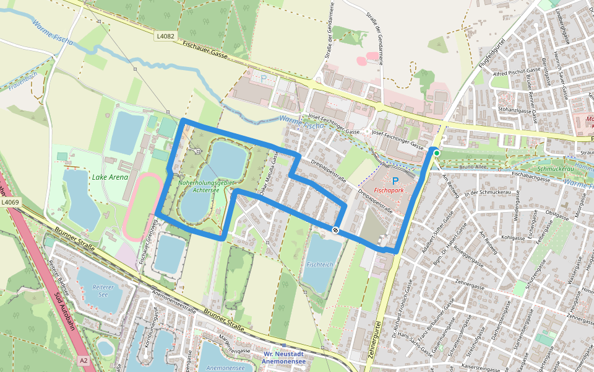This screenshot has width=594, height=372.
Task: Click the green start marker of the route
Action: pyautogui.click(x=436, y=153)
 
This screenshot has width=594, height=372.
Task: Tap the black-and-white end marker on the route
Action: pyautogui.click(x=335, y=230)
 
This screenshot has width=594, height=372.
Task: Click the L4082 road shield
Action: pyautogui.click(x=165, y=37)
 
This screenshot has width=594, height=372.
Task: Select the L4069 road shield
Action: pyautogui.click(x=9, y=202)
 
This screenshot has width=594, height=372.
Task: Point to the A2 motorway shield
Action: pyautogui.click(x=84, y=360)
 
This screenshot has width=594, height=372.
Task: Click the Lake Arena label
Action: pyautogui.click(x=110, y=177)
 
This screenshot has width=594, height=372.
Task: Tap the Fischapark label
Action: pyautogui.click(x=389, y=191)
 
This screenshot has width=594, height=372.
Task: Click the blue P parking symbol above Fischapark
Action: pyautogui.click(x=395, y=181)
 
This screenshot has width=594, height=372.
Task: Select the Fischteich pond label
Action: pyautogui.click(x=320, y=264)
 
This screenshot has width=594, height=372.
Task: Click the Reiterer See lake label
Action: pyautogui.click(x=103, y=291)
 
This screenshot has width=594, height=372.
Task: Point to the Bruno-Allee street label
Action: pyautogui.click(x=474, y=167)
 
